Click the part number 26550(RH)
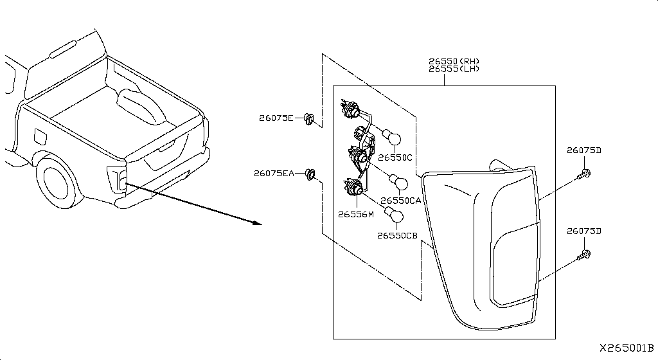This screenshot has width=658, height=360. [x=454, y=61]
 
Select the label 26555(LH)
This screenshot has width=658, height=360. [x=454, y=69]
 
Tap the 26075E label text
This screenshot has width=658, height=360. [x=276, y=118]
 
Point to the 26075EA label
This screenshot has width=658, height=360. [x=274, y=173]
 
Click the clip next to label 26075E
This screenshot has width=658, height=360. [x=309, y=119]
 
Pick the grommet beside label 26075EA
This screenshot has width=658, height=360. [x=310, y=174]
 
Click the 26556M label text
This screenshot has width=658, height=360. [x=356, y=215]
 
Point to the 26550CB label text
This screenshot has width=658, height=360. [x=397, y=236]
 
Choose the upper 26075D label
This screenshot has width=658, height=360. [x=583, y=150]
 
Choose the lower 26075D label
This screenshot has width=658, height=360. [x=583, y=231]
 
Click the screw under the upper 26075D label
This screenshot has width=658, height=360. [x=584, y=174]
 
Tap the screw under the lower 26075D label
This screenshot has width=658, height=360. [x=584, y=255]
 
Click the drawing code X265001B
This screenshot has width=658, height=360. [x=627, y=348]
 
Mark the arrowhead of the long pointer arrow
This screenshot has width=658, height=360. [x=257, y=222]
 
